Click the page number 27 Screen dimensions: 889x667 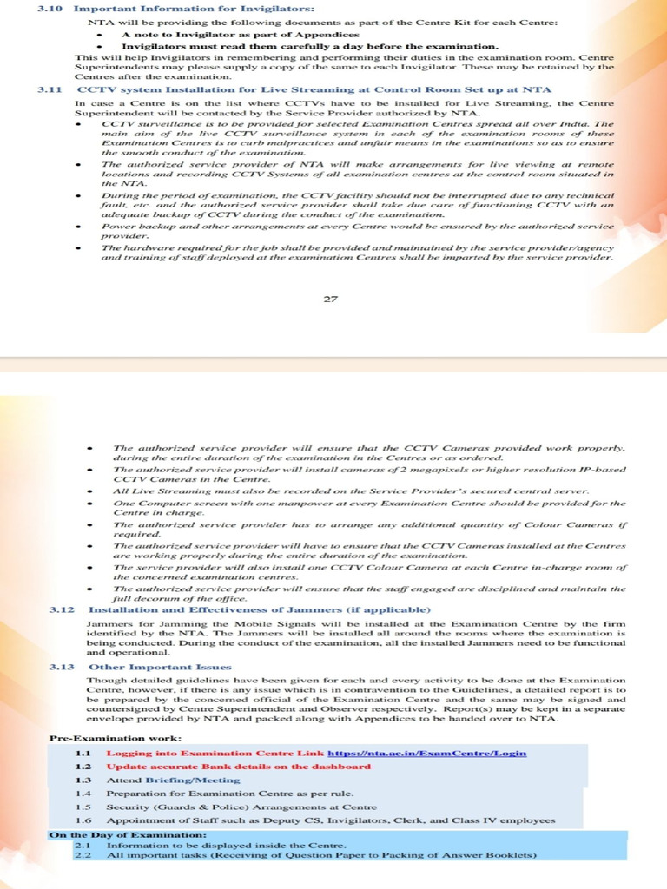(x=330, y=300)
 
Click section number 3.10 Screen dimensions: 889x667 (x=50, y=9)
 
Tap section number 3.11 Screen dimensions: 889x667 (x=50, y=89)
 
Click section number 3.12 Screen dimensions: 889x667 (x=63, y=609)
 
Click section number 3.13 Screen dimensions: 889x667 (x=63, y=667)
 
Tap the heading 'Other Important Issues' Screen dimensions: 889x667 (x=161, y=667)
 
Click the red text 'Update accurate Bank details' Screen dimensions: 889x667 (x=239, y=767)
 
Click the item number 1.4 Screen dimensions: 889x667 (x=83, y=794)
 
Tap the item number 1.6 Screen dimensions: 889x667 (x=83, y=820)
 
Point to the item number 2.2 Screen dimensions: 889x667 (x=83, y=857)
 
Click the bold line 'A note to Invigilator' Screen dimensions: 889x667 (x=228, y=33)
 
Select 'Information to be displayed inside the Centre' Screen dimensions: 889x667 (x=226, y=846)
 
